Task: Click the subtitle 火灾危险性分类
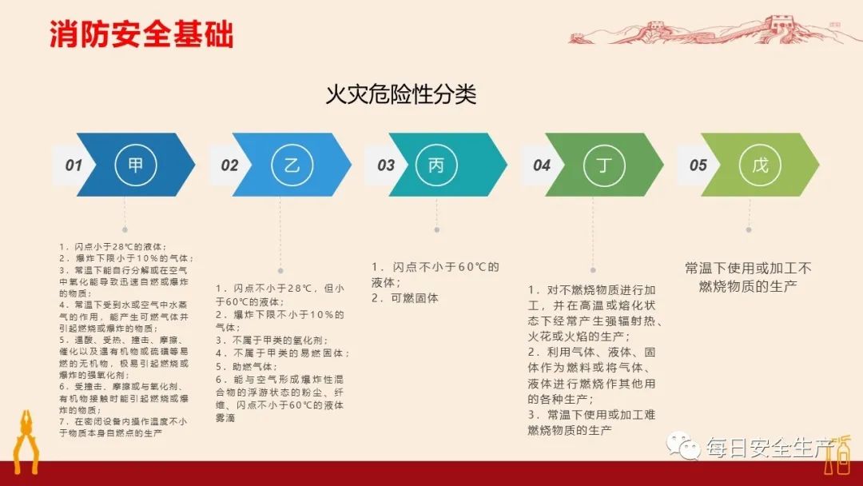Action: pyautogui.click(x=400, y=95)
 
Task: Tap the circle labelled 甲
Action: pyautogui.click(x=137, y=165)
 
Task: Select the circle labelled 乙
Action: pyautogui.click(x=292, y=165)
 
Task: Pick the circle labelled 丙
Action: pyautogui.click(x=436, y=165)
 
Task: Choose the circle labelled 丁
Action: pyautogui.click(x=592, y=165)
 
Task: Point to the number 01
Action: pyautogui.click(x=74, y=165)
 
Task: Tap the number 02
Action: pyautogui.click(x=229, y=165)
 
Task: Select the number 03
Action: pyautogui.click(x=386, y=165)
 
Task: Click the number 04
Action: pyautogui.click(x=542, y=165)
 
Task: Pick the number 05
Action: pyautogui.click(x=698, y=165)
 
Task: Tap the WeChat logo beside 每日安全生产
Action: pyautogui.click(x=685, y=445)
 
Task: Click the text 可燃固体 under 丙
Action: pyautogui.click(x=410, y=298)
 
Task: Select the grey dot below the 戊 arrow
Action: pyautogui.click(x=749, y=229)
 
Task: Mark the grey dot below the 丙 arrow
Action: pyautogui.click(x=436, y=229)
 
